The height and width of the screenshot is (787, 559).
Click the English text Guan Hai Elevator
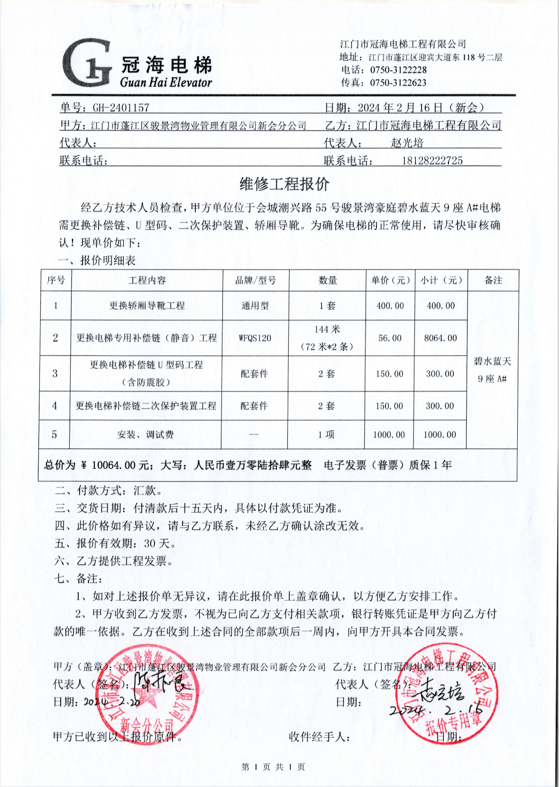pos(165,82)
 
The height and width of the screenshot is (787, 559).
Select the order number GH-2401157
pos(121,108)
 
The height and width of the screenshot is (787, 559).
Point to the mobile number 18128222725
pos(432,161)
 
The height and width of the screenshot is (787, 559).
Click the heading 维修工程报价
pos(284,184)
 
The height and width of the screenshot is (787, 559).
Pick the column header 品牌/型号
pos(256,280)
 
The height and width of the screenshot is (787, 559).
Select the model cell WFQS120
pos(255,338)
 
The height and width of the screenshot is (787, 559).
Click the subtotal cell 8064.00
pos(440,338)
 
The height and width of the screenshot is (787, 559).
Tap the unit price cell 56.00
pos(390,338)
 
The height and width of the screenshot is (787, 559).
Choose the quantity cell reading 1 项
pos(326,435)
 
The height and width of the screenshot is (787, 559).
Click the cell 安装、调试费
pos(146,435)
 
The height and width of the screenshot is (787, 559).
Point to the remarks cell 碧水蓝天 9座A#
pos(492,370)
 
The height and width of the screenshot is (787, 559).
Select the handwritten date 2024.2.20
pos(112,702)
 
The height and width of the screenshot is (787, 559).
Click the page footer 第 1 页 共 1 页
pos(273,767)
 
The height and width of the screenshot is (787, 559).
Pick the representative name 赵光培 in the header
pos(407,143)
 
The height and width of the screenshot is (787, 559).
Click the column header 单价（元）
pos(390,280)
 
